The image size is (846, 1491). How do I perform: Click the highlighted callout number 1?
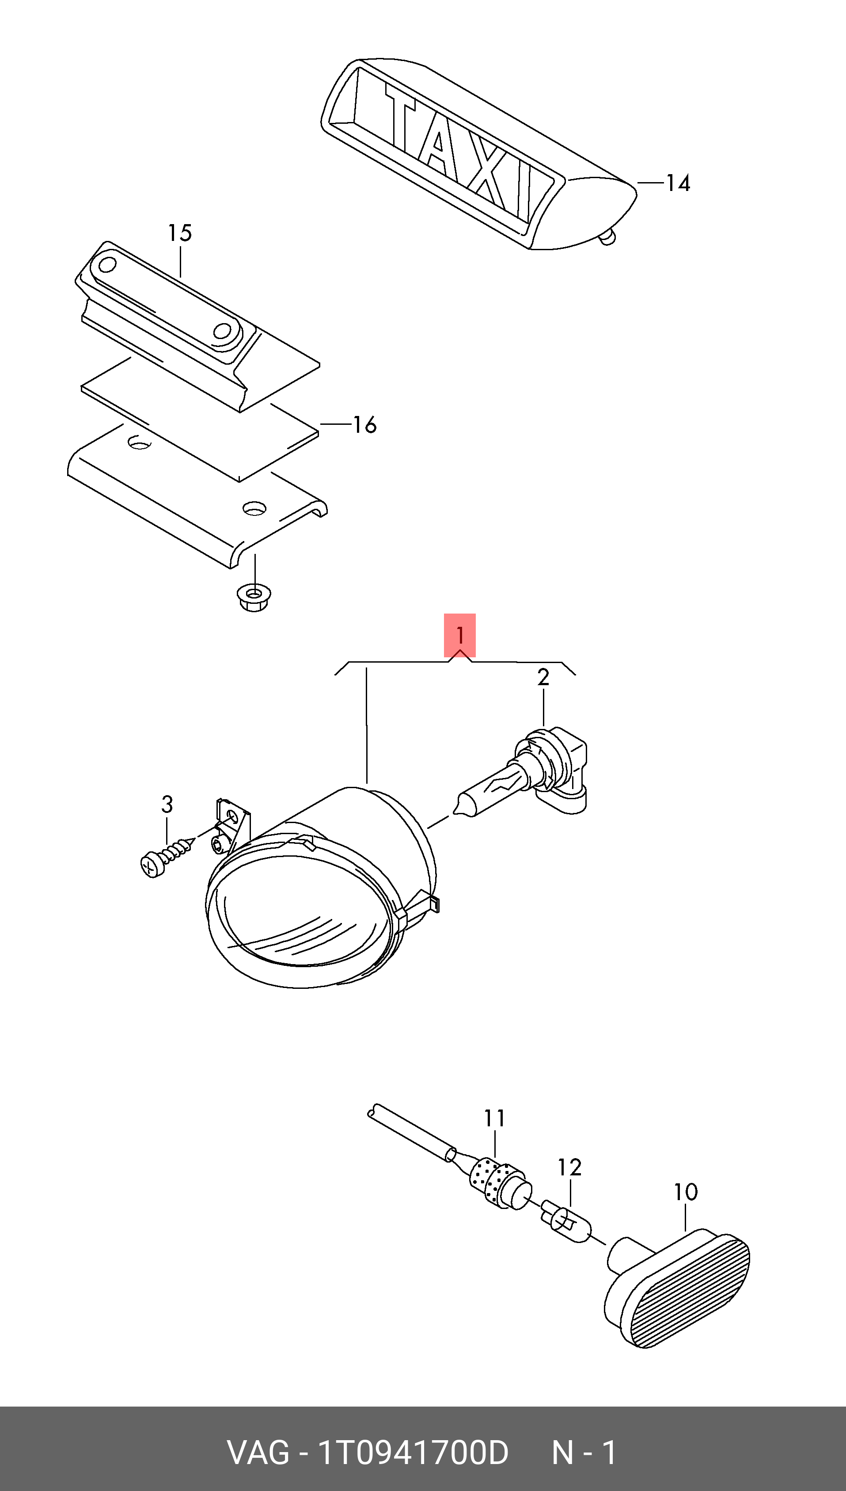click(x=459, y=635)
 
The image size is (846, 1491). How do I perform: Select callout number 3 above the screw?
click(x=167, y=805)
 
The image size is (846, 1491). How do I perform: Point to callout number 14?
click(x=678, y=183)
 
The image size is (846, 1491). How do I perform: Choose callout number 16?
click(x=364, y=425)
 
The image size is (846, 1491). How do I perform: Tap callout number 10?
click(x=686, y=1192)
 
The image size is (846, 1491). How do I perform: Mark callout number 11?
click(x=494, y=1118)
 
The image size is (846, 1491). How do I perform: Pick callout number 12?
click(x=569, y=1167)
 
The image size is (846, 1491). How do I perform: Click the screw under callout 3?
click(x=166, y=857)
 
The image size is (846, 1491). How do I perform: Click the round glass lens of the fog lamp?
click(x=302, y=919)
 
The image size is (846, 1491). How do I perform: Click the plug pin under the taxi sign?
click(x=607, y=237)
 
